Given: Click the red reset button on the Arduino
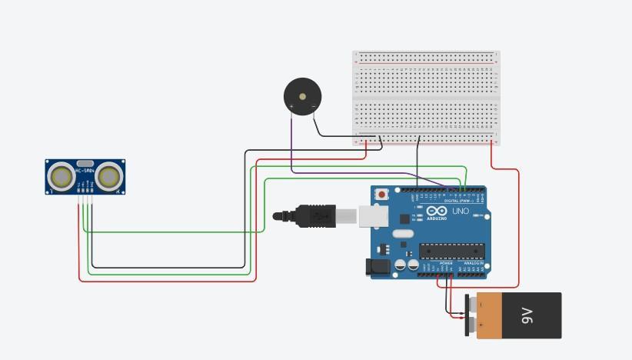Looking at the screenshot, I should [382, 195].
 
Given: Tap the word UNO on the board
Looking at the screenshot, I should [460, 211].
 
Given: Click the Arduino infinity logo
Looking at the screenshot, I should [437, 211].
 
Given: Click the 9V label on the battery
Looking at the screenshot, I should [527, 315].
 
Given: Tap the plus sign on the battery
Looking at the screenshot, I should [481, 325].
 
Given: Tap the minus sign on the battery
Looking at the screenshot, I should [481, 305].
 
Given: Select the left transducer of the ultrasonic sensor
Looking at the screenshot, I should [61, 177].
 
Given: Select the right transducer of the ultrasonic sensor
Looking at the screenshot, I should [109, 177].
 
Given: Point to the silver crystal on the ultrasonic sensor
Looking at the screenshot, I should [85, 164].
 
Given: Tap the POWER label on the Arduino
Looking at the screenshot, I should [446, 263].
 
